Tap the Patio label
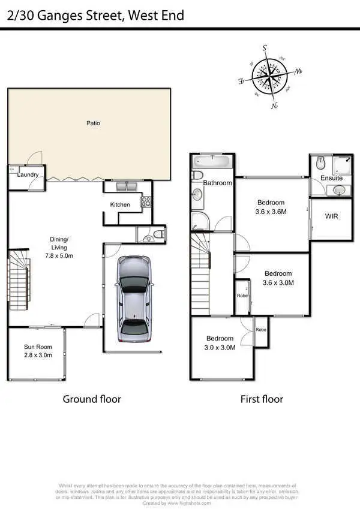click(x=92, y=124)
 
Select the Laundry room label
click(x=28, y=175)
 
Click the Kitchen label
click(x=120, y=205)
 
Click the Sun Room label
click(x=38, y=351)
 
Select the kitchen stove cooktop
click(x=146, y=202)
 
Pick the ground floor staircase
click(x=19, y=281)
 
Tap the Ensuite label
click(x=331, y=178)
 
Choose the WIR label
click(x=331, y=216)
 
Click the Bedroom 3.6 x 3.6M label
click(x=271, y=207)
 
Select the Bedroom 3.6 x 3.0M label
click(x=278, y=278)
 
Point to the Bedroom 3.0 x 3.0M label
click(x=220, y=342)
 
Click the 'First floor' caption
click(x=262, y=399)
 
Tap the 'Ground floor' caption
click(x=92, y=399)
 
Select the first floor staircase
click(x=201, y=273)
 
